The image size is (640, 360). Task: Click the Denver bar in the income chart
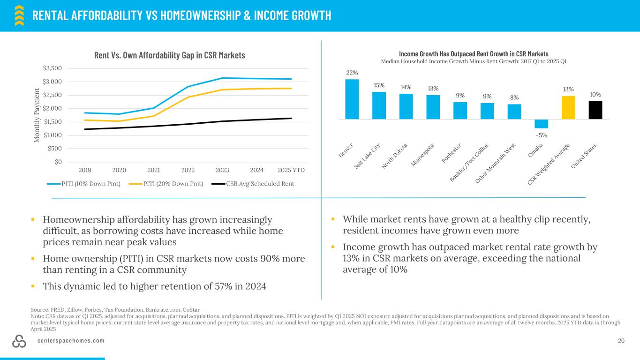point(352,99)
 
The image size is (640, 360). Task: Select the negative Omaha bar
point(541,124)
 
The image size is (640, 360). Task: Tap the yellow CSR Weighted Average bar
point(568,107)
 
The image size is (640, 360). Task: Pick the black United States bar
point(595,110)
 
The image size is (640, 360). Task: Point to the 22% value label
point(352,73)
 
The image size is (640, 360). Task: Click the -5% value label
point(541,135)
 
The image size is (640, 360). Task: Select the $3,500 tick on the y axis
point(52,68)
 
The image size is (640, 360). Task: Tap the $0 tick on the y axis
point(58,162)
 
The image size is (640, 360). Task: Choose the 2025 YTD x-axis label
point(291,170)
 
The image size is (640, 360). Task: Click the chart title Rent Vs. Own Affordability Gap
point(170,55)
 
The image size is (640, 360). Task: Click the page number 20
point(621,341)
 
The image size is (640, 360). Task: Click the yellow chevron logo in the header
point(19,15)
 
